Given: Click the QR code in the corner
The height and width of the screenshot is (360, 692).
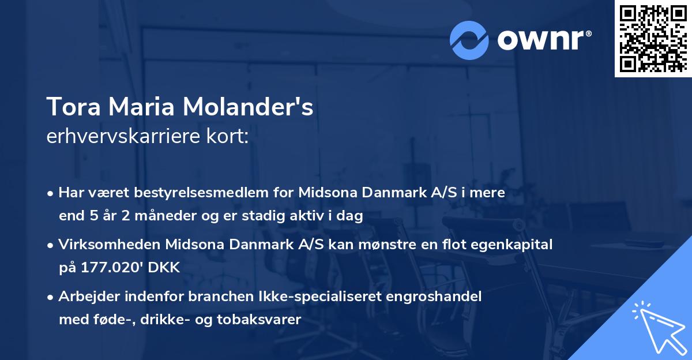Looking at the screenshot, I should click(x=653, y=38).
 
